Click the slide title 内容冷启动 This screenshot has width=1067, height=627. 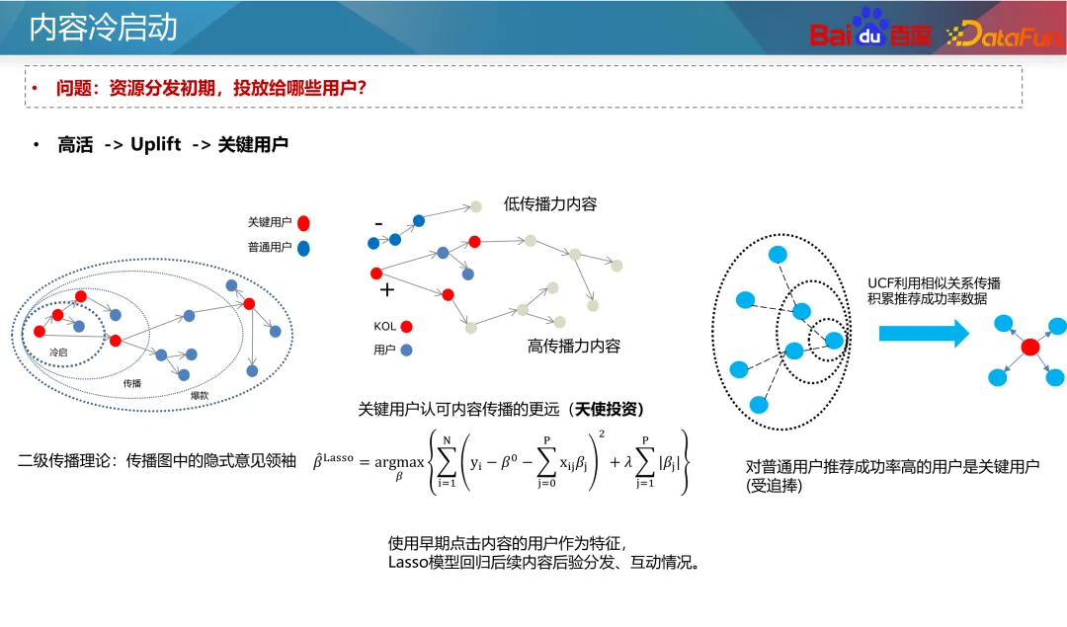[104, 28]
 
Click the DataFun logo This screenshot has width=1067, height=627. [1004, 37]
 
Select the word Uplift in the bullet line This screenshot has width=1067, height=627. [156, 144]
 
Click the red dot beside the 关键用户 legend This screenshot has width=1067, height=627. [304, 223]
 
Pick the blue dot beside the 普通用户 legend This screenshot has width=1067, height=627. [304, 248]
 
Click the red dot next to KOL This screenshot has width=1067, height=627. [406, 326]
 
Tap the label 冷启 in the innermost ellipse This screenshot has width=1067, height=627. [60, 352]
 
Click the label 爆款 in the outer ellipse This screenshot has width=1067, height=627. [200, 395]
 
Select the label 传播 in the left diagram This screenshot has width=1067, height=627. [131, 381]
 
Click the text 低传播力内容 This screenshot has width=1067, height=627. [550, 204]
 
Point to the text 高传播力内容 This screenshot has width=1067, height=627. [574, 347]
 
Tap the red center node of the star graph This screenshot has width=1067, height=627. [1029, 347]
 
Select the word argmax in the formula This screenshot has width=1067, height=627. [399, 461]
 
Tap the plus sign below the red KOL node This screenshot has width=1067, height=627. [387, 290]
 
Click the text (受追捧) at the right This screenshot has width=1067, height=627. [776, 486]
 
